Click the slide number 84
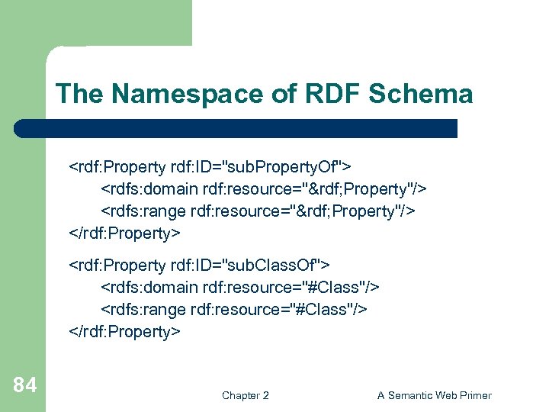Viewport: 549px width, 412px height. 24,386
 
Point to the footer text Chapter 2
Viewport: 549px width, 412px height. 245,395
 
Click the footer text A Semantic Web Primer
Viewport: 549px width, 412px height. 435,395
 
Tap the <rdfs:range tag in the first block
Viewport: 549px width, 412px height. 146,210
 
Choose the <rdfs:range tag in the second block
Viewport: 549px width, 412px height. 146,309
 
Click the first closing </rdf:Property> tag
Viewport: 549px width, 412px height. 125,232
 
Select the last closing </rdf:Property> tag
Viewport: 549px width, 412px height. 125,331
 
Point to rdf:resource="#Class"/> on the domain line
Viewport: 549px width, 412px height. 291,287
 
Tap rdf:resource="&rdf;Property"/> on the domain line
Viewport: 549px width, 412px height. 315,188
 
